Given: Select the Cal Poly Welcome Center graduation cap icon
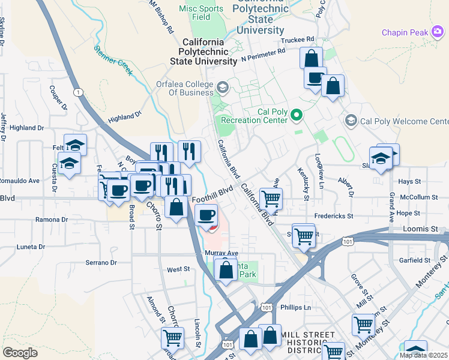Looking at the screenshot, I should pos(351,121).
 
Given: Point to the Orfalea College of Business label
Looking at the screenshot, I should pos(184,88).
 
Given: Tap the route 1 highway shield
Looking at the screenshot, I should pos(78,92).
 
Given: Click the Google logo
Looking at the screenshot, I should pos(20,352).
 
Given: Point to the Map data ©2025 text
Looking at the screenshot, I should pos(423,355).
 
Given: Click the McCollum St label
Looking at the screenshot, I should pos(418,197).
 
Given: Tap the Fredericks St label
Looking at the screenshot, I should pos(333,215).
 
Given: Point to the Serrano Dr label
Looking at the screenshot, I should pos(100,263).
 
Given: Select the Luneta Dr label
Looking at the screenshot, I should pos(30,247).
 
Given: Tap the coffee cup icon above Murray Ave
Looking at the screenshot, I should pos(206,214).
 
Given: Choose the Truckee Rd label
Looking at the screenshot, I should pos(298,40).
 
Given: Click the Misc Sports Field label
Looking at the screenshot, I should pos(202,13).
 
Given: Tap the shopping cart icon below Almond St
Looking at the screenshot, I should pos(172,338).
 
